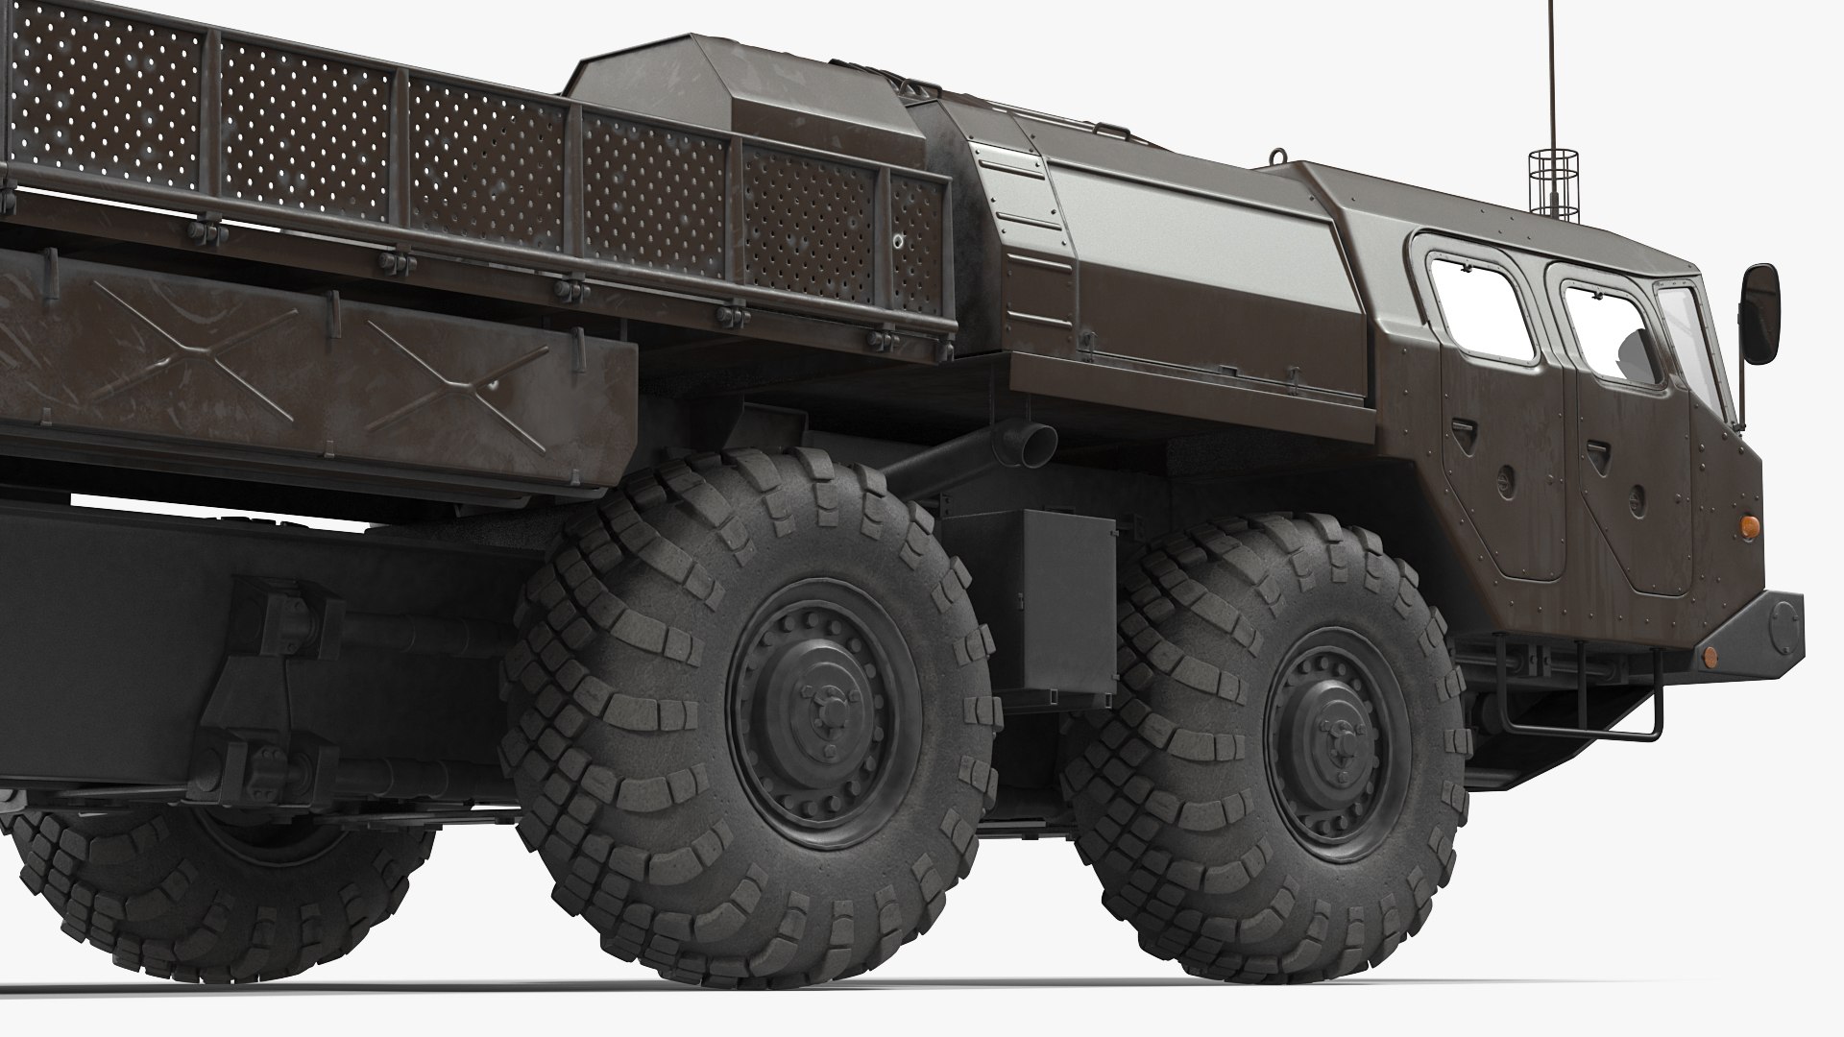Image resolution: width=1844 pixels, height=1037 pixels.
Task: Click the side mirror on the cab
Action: pyautogui.click(x=1761, y=313)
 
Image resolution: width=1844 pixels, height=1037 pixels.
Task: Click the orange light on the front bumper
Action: pyautogui.click(x=1710, y=656)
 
